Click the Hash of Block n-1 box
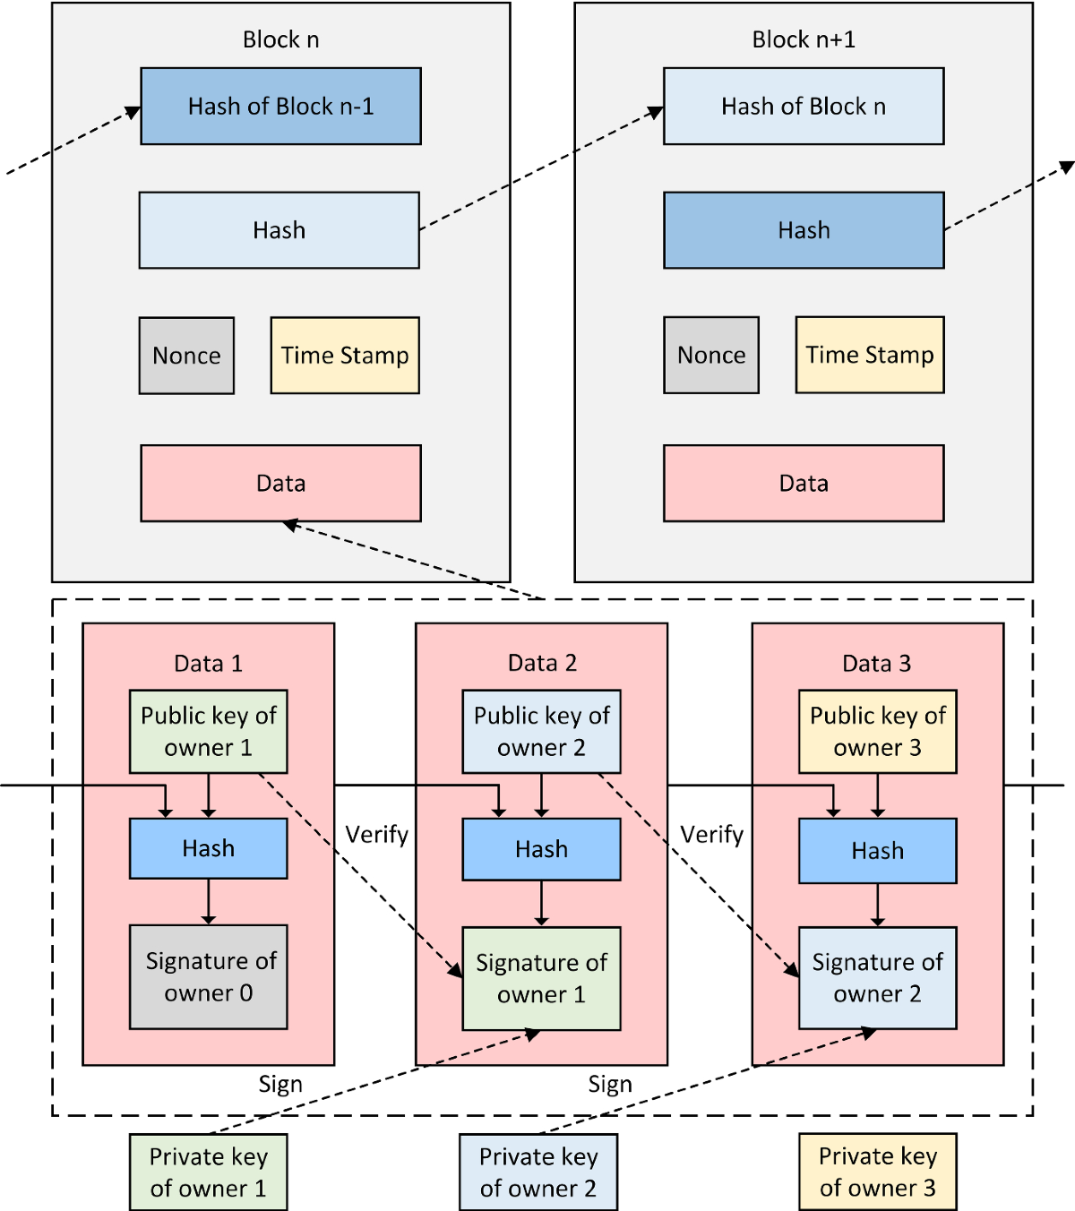click(x=280, y=107)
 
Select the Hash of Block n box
click(x=803, y=107)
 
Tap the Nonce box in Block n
click(x=186, y=356)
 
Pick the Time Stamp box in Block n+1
click(x=869, y=355)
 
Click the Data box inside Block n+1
click(x=803, y=484)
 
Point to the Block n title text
click(x=280, y=39)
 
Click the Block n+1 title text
click(x=803, y=39)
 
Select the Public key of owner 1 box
click(x=208, y=731)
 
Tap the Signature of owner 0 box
click(x=208, y=976)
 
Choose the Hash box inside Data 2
click(x=541, y=849)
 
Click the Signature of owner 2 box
click(x=877, y=977)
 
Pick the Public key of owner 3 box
click(x=877, y=731)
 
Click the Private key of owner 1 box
click(x=208, y=1172)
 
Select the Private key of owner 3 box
click(x=877, y=1172)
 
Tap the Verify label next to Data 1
click(x=376, y=835)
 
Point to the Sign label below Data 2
click(x=610, y=1085)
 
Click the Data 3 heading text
click(x=876, y=664)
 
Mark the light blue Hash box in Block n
click(x=279, y=230)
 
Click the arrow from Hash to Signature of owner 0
click(x=208, y=901)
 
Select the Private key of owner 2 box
click(x=538, y=1172)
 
